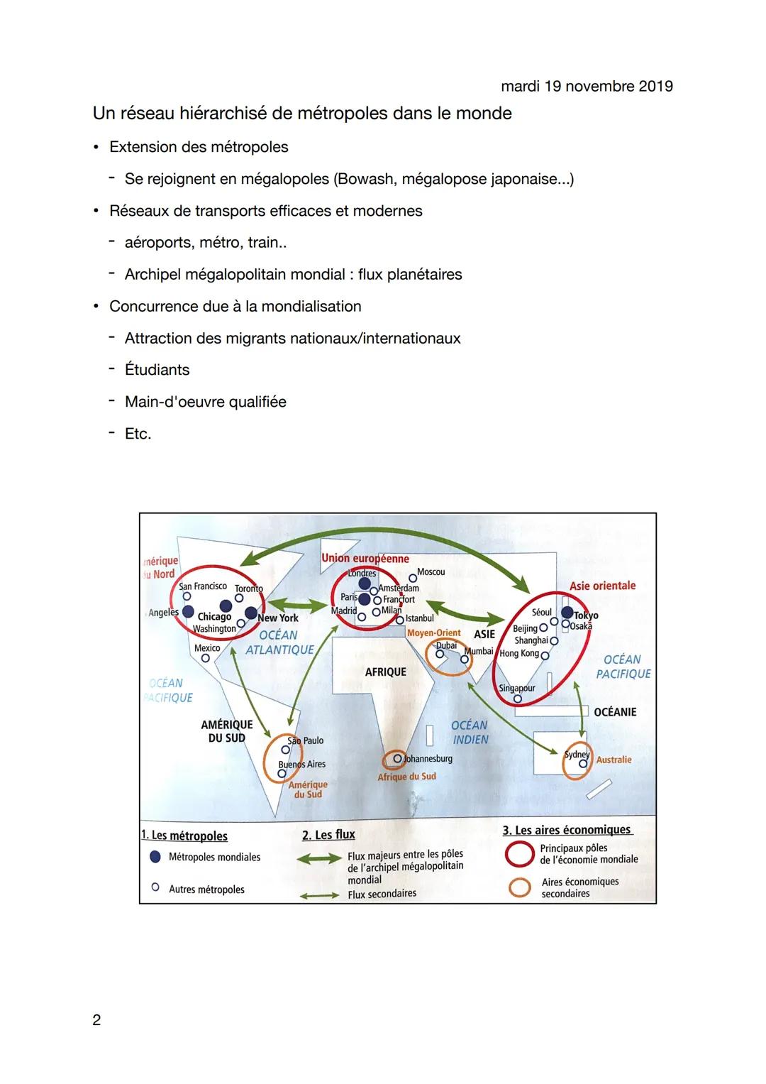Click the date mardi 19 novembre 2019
[587, 87]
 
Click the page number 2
[96, 1019]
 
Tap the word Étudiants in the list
[157, 370]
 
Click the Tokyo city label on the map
[587, 615]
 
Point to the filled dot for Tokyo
[567, 612]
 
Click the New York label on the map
[279, 618]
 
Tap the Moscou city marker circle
[412, 579]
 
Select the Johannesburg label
[428, 759]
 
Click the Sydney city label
[577, 754]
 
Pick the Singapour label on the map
[517, 688]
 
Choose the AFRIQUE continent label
[386, 672]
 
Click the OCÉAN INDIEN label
[470, 732]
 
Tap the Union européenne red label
[365, 559]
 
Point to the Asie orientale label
[603, 586]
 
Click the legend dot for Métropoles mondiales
[155, 857]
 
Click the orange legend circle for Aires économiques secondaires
[520, 887]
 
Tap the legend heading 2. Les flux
[328, 835]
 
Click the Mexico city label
[207, 648]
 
